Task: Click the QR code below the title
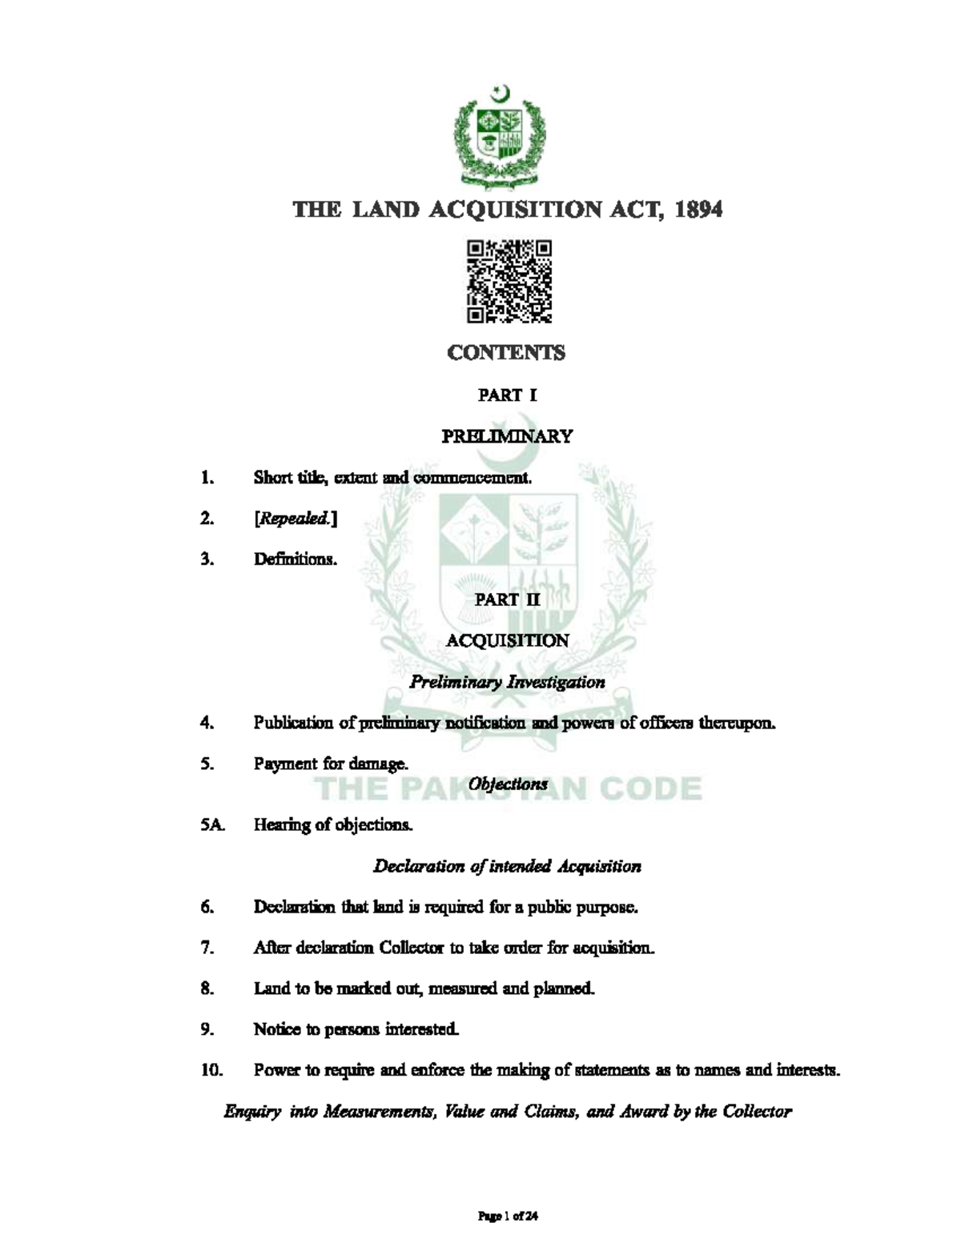tap(509, 281)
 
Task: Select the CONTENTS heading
tap(506, 353)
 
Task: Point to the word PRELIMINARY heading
tap(507, 436)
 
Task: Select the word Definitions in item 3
tap(295, 559)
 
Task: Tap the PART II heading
tap(507, 599)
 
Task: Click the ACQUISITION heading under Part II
tap(507, 640)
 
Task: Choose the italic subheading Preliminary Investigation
tap(507, 682)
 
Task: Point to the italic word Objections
tap(508, 784)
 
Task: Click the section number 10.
tap(211, 1070)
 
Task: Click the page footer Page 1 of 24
tap(507, 1216)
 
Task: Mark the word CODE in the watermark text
tap(649, 789)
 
